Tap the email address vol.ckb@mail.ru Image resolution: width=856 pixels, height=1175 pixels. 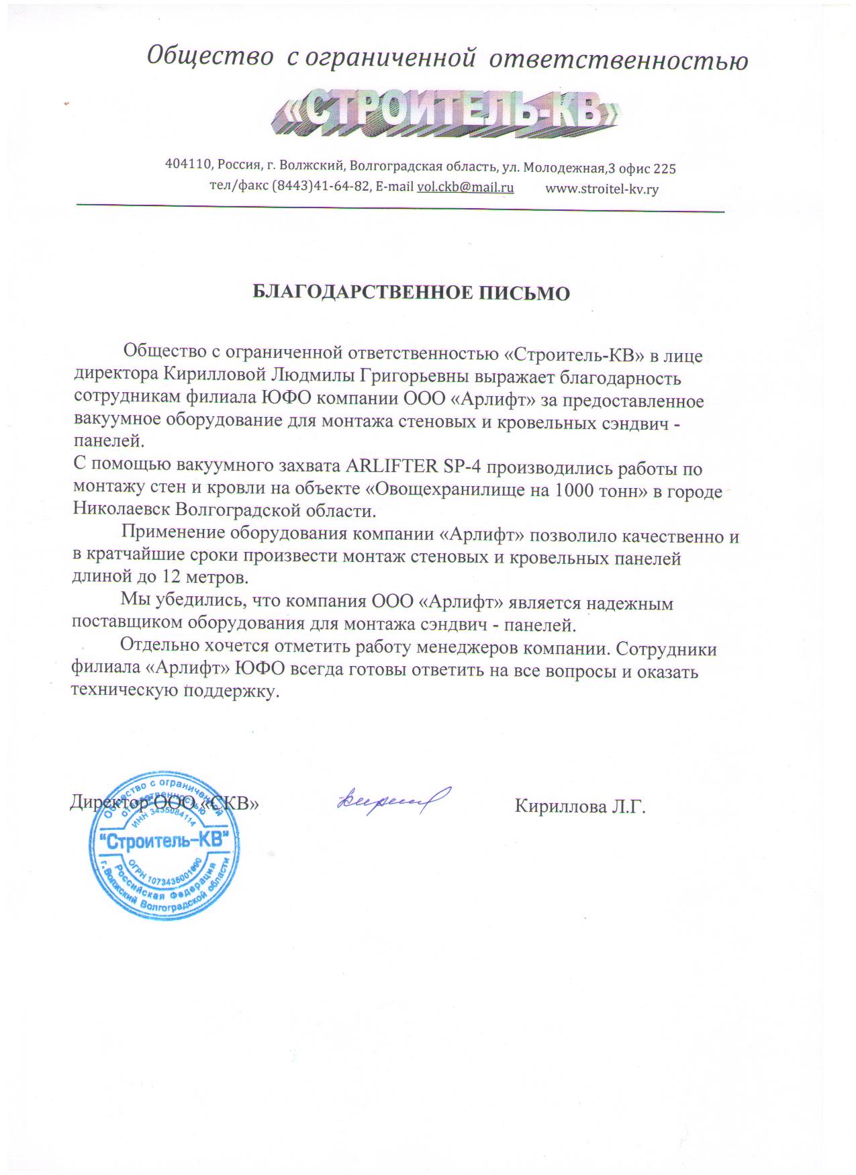465,187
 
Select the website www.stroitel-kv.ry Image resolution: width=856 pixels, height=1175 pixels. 602,189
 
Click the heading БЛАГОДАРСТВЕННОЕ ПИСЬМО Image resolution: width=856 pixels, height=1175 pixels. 411,293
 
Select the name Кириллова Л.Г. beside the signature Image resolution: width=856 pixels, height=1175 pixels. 580,806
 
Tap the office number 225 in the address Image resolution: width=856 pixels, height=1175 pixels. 664,168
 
